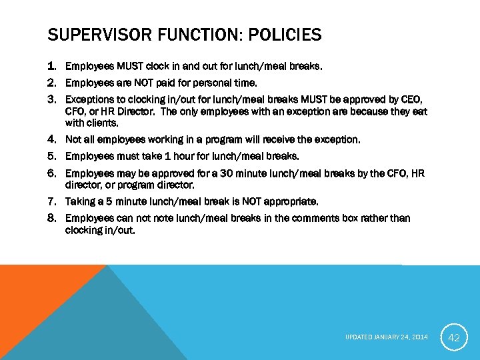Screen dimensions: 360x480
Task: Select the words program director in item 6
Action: (x=155, y=185)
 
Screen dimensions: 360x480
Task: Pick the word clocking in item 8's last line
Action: (x=84, y=230)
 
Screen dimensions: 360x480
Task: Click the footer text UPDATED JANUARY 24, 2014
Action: (x=387, y=337)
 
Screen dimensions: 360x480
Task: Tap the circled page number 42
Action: (x=453, y=337)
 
